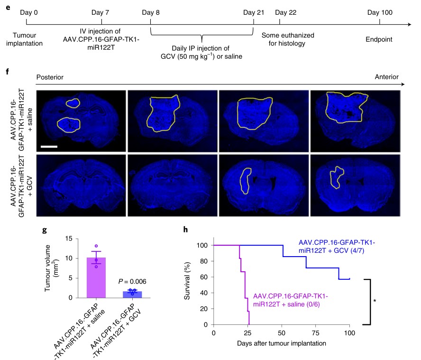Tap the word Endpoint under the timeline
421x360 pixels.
pos(379,40)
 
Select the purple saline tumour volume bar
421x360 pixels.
pos(99,277)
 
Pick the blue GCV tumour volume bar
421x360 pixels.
pos(126,294)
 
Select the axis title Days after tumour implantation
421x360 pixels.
pos(282,342)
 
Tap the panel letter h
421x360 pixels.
pos(186,231)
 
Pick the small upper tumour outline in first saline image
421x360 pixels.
pos(73,103)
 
